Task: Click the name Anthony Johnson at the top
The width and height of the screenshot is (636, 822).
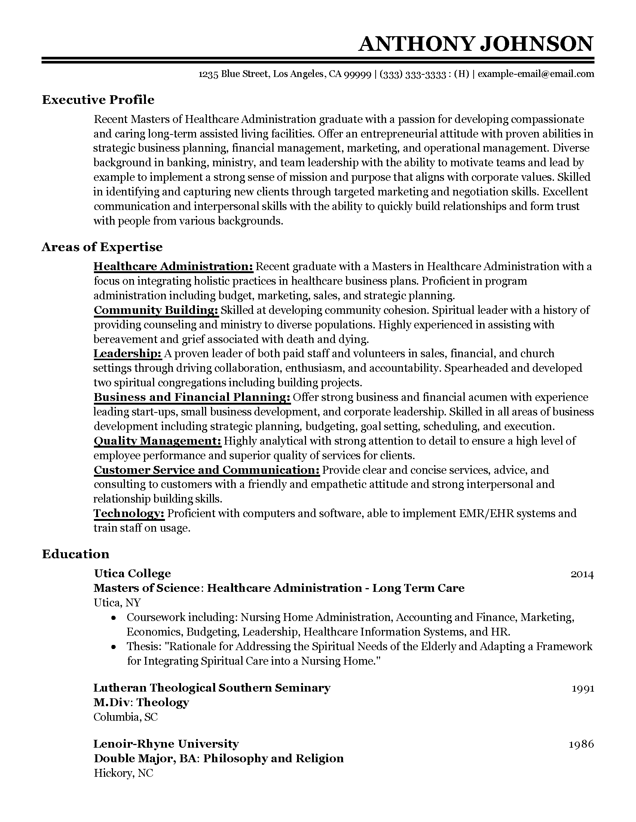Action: (476, 44)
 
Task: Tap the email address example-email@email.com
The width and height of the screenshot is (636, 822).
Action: (536, 74)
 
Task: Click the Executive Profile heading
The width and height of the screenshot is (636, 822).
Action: (98, 100)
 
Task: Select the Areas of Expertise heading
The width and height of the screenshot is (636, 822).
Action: (102, 247)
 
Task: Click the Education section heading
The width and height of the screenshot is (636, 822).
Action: (75, 554)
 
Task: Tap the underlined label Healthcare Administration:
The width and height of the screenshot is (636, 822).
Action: (173, 266)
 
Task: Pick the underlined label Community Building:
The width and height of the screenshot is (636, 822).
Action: (156, 310)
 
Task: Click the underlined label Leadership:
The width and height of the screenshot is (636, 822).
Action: (127, 353)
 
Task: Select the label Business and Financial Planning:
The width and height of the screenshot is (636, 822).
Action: (192, 397)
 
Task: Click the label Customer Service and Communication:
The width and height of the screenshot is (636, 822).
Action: (207, 470)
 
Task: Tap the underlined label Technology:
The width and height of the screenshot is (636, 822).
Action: (129, 513)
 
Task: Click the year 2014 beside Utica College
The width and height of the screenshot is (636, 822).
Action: (582, 574)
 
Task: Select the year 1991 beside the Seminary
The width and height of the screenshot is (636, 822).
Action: (583, 688)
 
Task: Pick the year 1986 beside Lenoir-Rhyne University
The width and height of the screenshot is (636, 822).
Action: (581, 744)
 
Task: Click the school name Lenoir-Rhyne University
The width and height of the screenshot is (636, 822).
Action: (166, 744)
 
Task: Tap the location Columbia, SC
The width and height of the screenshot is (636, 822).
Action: (125, 717)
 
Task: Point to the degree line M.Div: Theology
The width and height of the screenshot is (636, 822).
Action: (141, 702)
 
